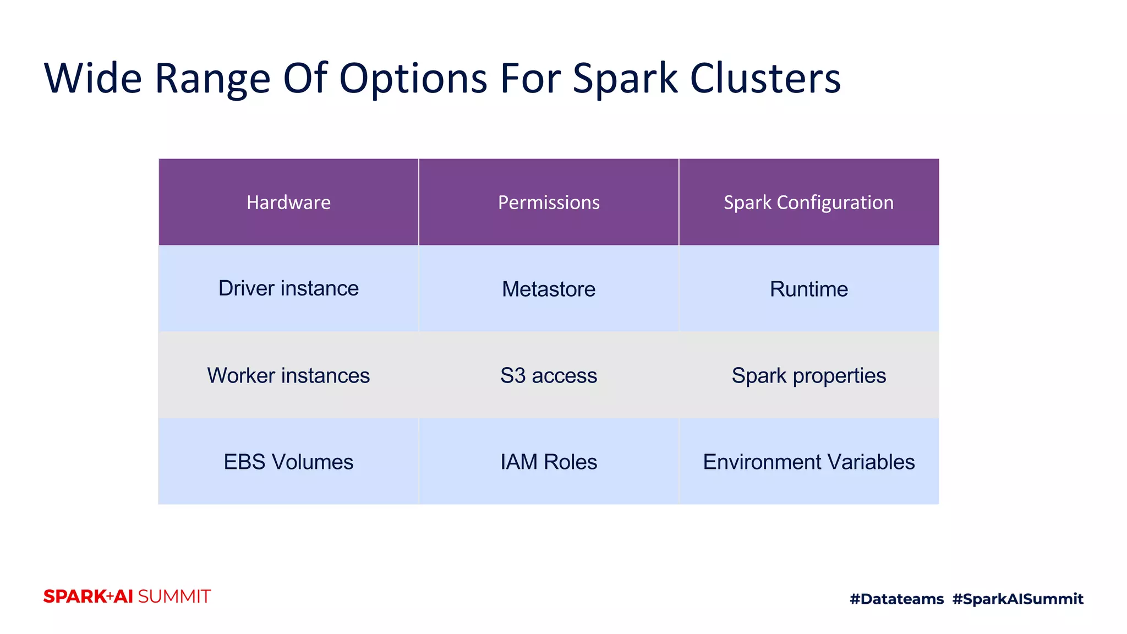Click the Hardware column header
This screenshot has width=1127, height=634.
(288, 203)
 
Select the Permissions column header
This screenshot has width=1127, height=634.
(549, 203)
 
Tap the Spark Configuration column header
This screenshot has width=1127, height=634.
(808, 203)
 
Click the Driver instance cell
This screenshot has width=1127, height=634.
(288, 288)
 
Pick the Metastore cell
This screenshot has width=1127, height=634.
(549, 289)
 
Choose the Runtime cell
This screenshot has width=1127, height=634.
(808, 289)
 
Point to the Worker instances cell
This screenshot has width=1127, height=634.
(288, 375)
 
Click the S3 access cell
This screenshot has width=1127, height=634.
(549, 375)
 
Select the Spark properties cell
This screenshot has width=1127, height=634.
(808, 375)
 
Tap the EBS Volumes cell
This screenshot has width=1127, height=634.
(288, 462)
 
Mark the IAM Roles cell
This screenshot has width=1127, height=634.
(549, 462)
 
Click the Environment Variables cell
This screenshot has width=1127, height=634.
(808, 462)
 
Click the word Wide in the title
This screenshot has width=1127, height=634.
(93, 78)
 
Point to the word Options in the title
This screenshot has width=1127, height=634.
(413, 78)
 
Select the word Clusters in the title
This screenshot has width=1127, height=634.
(765, 78)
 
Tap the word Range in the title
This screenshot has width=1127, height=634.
(212, 78)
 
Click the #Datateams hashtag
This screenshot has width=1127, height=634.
(896, 599)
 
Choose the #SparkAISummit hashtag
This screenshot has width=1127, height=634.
(1017, 599)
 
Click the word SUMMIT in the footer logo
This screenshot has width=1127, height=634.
(174, 597)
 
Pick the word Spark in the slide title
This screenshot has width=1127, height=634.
(625, 78)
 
